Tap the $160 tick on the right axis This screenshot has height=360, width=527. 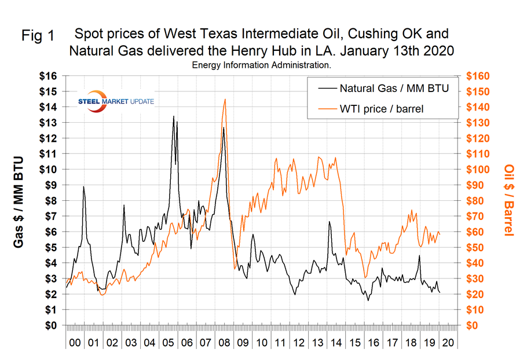pos(476,76)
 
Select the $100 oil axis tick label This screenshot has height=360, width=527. pos(476,170)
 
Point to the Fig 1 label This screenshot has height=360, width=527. pos(38,36)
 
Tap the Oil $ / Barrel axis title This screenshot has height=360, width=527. pos(509,200)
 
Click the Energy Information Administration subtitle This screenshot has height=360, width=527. pos(262,65)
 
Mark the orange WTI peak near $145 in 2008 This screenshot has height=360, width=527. pos(225,99)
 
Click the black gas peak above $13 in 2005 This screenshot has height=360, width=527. pos(173,116)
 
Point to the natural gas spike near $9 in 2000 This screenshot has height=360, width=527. pos(84,186)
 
